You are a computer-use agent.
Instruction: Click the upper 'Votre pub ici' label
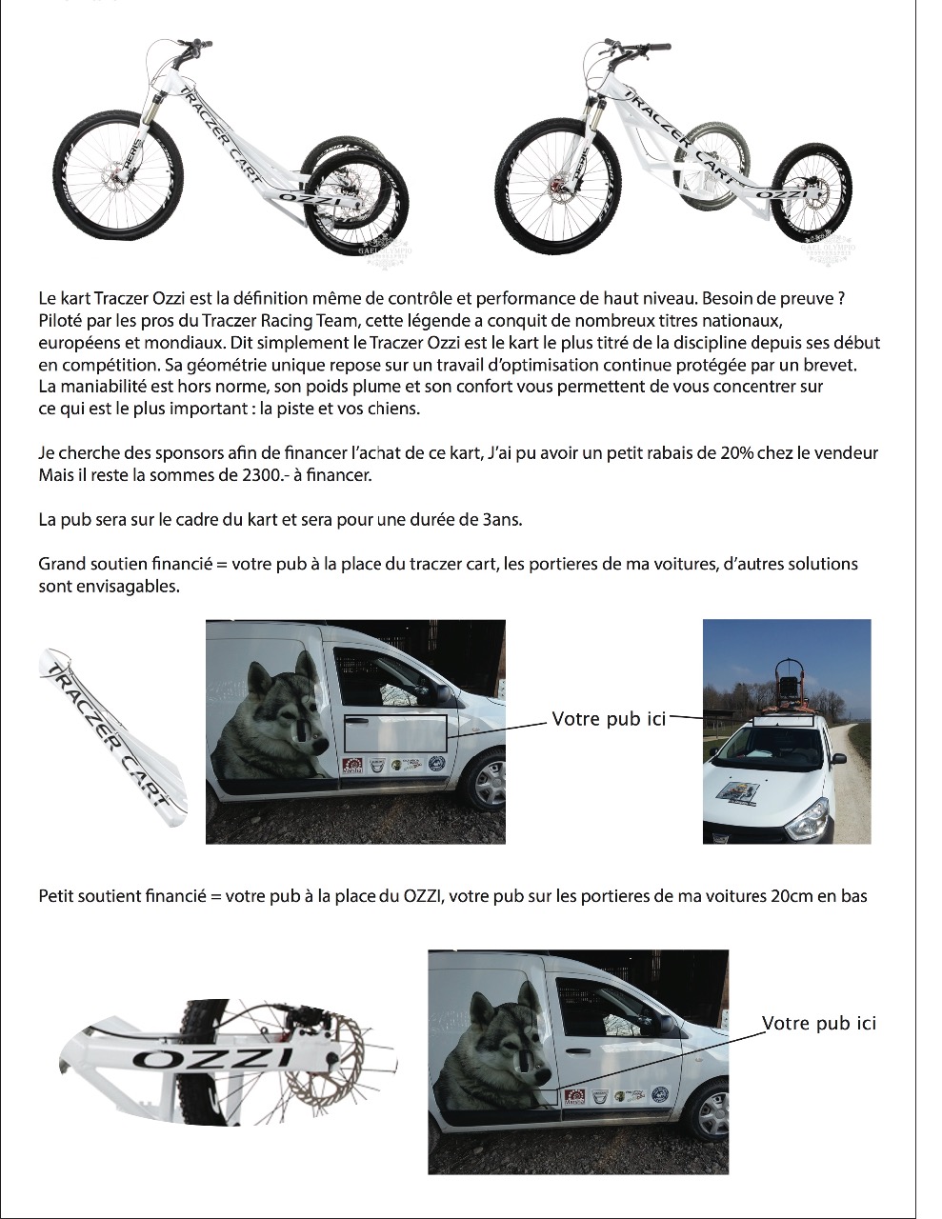[609, 719]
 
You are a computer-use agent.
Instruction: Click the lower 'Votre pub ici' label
[818, 1024]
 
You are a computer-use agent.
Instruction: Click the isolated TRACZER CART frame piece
[112, 737]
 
